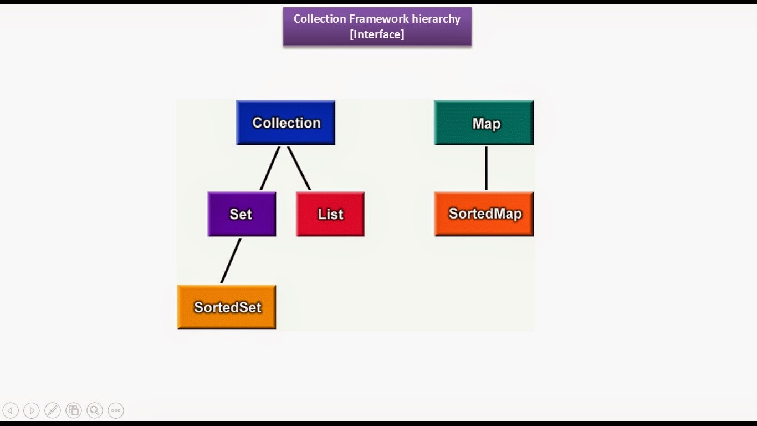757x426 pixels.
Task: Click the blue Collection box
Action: (285, 123)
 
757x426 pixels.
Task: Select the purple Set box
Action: (242, 214)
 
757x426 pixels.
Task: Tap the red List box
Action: (330, 214)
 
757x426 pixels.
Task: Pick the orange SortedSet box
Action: (227, 307)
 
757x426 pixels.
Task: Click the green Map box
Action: (484, 123)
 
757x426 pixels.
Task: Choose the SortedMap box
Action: (484, 214)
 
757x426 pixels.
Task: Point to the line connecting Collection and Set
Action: (270, 168)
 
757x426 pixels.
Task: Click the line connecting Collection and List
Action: (299, 168)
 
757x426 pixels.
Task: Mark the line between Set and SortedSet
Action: (231, 261)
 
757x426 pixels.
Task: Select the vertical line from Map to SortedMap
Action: (486, 168)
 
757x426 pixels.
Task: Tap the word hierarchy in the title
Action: (436, 19)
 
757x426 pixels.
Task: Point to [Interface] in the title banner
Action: (377, 34)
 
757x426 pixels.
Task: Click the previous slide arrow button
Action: (11, 410)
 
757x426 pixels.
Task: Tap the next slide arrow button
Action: (32, 410)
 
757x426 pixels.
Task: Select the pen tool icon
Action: (53, 410)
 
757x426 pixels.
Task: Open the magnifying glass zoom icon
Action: (95, 410)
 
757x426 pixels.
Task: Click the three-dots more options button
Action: (116, 410)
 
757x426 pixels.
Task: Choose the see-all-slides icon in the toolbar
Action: (74, 410)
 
